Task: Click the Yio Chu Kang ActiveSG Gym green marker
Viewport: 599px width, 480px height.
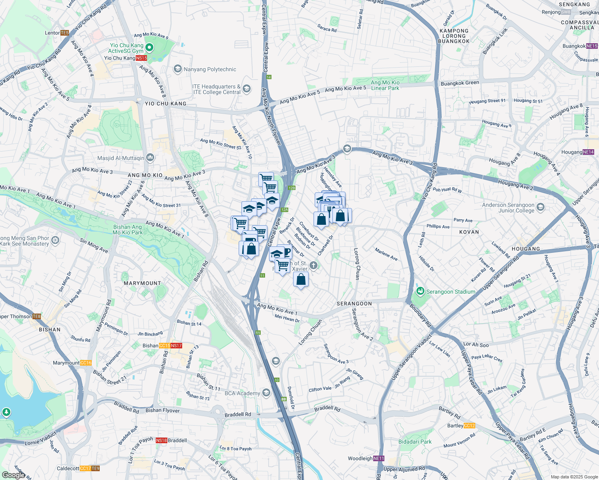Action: click(x=149, y=48)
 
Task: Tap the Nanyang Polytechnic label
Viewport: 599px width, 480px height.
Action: click(x=210, y=70)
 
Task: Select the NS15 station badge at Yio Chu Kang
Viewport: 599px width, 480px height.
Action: click(x=141, y=58)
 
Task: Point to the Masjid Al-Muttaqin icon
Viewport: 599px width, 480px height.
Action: click(x=150, y=158)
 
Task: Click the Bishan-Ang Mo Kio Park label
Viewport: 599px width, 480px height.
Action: click(x=128, y=230)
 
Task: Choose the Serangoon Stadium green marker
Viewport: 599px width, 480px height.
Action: click(x=420, y=291)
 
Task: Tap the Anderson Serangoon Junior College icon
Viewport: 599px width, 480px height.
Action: click(x=541, y=207)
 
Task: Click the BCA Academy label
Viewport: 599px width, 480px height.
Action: click(x=242, y=393)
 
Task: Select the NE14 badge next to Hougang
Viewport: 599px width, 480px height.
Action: click(x=588, y=152)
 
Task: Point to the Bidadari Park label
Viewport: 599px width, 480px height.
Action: click(x=415, y=442)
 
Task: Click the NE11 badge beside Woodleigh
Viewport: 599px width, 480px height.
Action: click(x=378, y=458)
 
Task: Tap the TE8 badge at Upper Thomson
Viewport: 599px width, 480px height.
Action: click(x=36, y=316)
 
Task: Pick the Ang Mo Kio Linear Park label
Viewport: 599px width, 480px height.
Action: click(x=385, y=85)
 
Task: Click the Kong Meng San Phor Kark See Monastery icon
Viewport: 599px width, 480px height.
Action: click(x=55, y=240)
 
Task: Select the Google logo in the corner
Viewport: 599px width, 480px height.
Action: click(x=13, y=475)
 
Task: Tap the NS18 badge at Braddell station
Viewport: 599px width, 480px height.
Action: click(x=161, y=440)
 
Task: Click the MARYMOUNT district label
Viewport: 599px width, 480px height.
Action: click(x=142, y=283)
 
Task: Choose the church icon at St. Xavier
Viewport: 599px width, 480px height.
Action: click(x=314, y=265)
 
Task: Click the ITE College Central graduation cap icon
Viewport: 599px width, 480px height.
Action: click(x=247, y=89)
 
